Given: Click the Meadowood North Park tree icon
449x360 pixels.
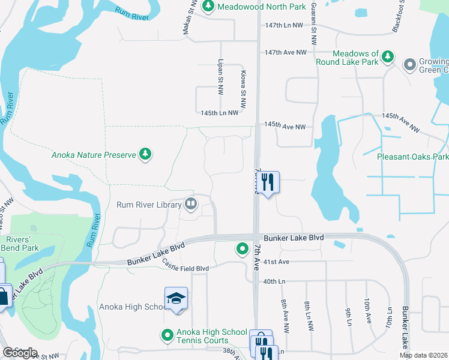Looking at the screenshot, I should (x=208, y=6).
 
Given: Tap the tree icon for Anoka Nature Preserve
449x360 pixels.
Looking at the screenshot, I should (x=145, y=155).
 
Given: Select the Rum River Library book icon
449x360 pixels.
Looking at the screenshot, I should (x=190, y=205).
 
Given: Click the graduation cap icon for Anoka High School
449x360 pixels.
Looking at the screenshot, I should (x=176, y=298).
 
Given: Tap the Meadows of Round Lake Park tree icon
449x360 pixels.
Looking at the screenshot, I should (x=388, y=57).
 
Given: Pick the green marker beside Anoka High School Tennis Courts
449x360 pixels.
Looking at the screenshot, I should (x=168, y=334).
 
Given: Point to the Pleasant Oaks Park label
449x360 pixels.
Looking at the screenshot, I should (x=413, y=157).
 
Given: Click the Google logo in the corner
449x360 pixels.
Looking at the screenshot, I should (x=20, y=353).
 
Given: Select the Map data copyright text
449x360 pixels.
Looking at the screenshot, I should (x=423, y=355).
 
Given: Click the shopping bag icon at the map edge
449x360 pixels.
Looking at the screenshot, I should (x=4, y=296).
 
